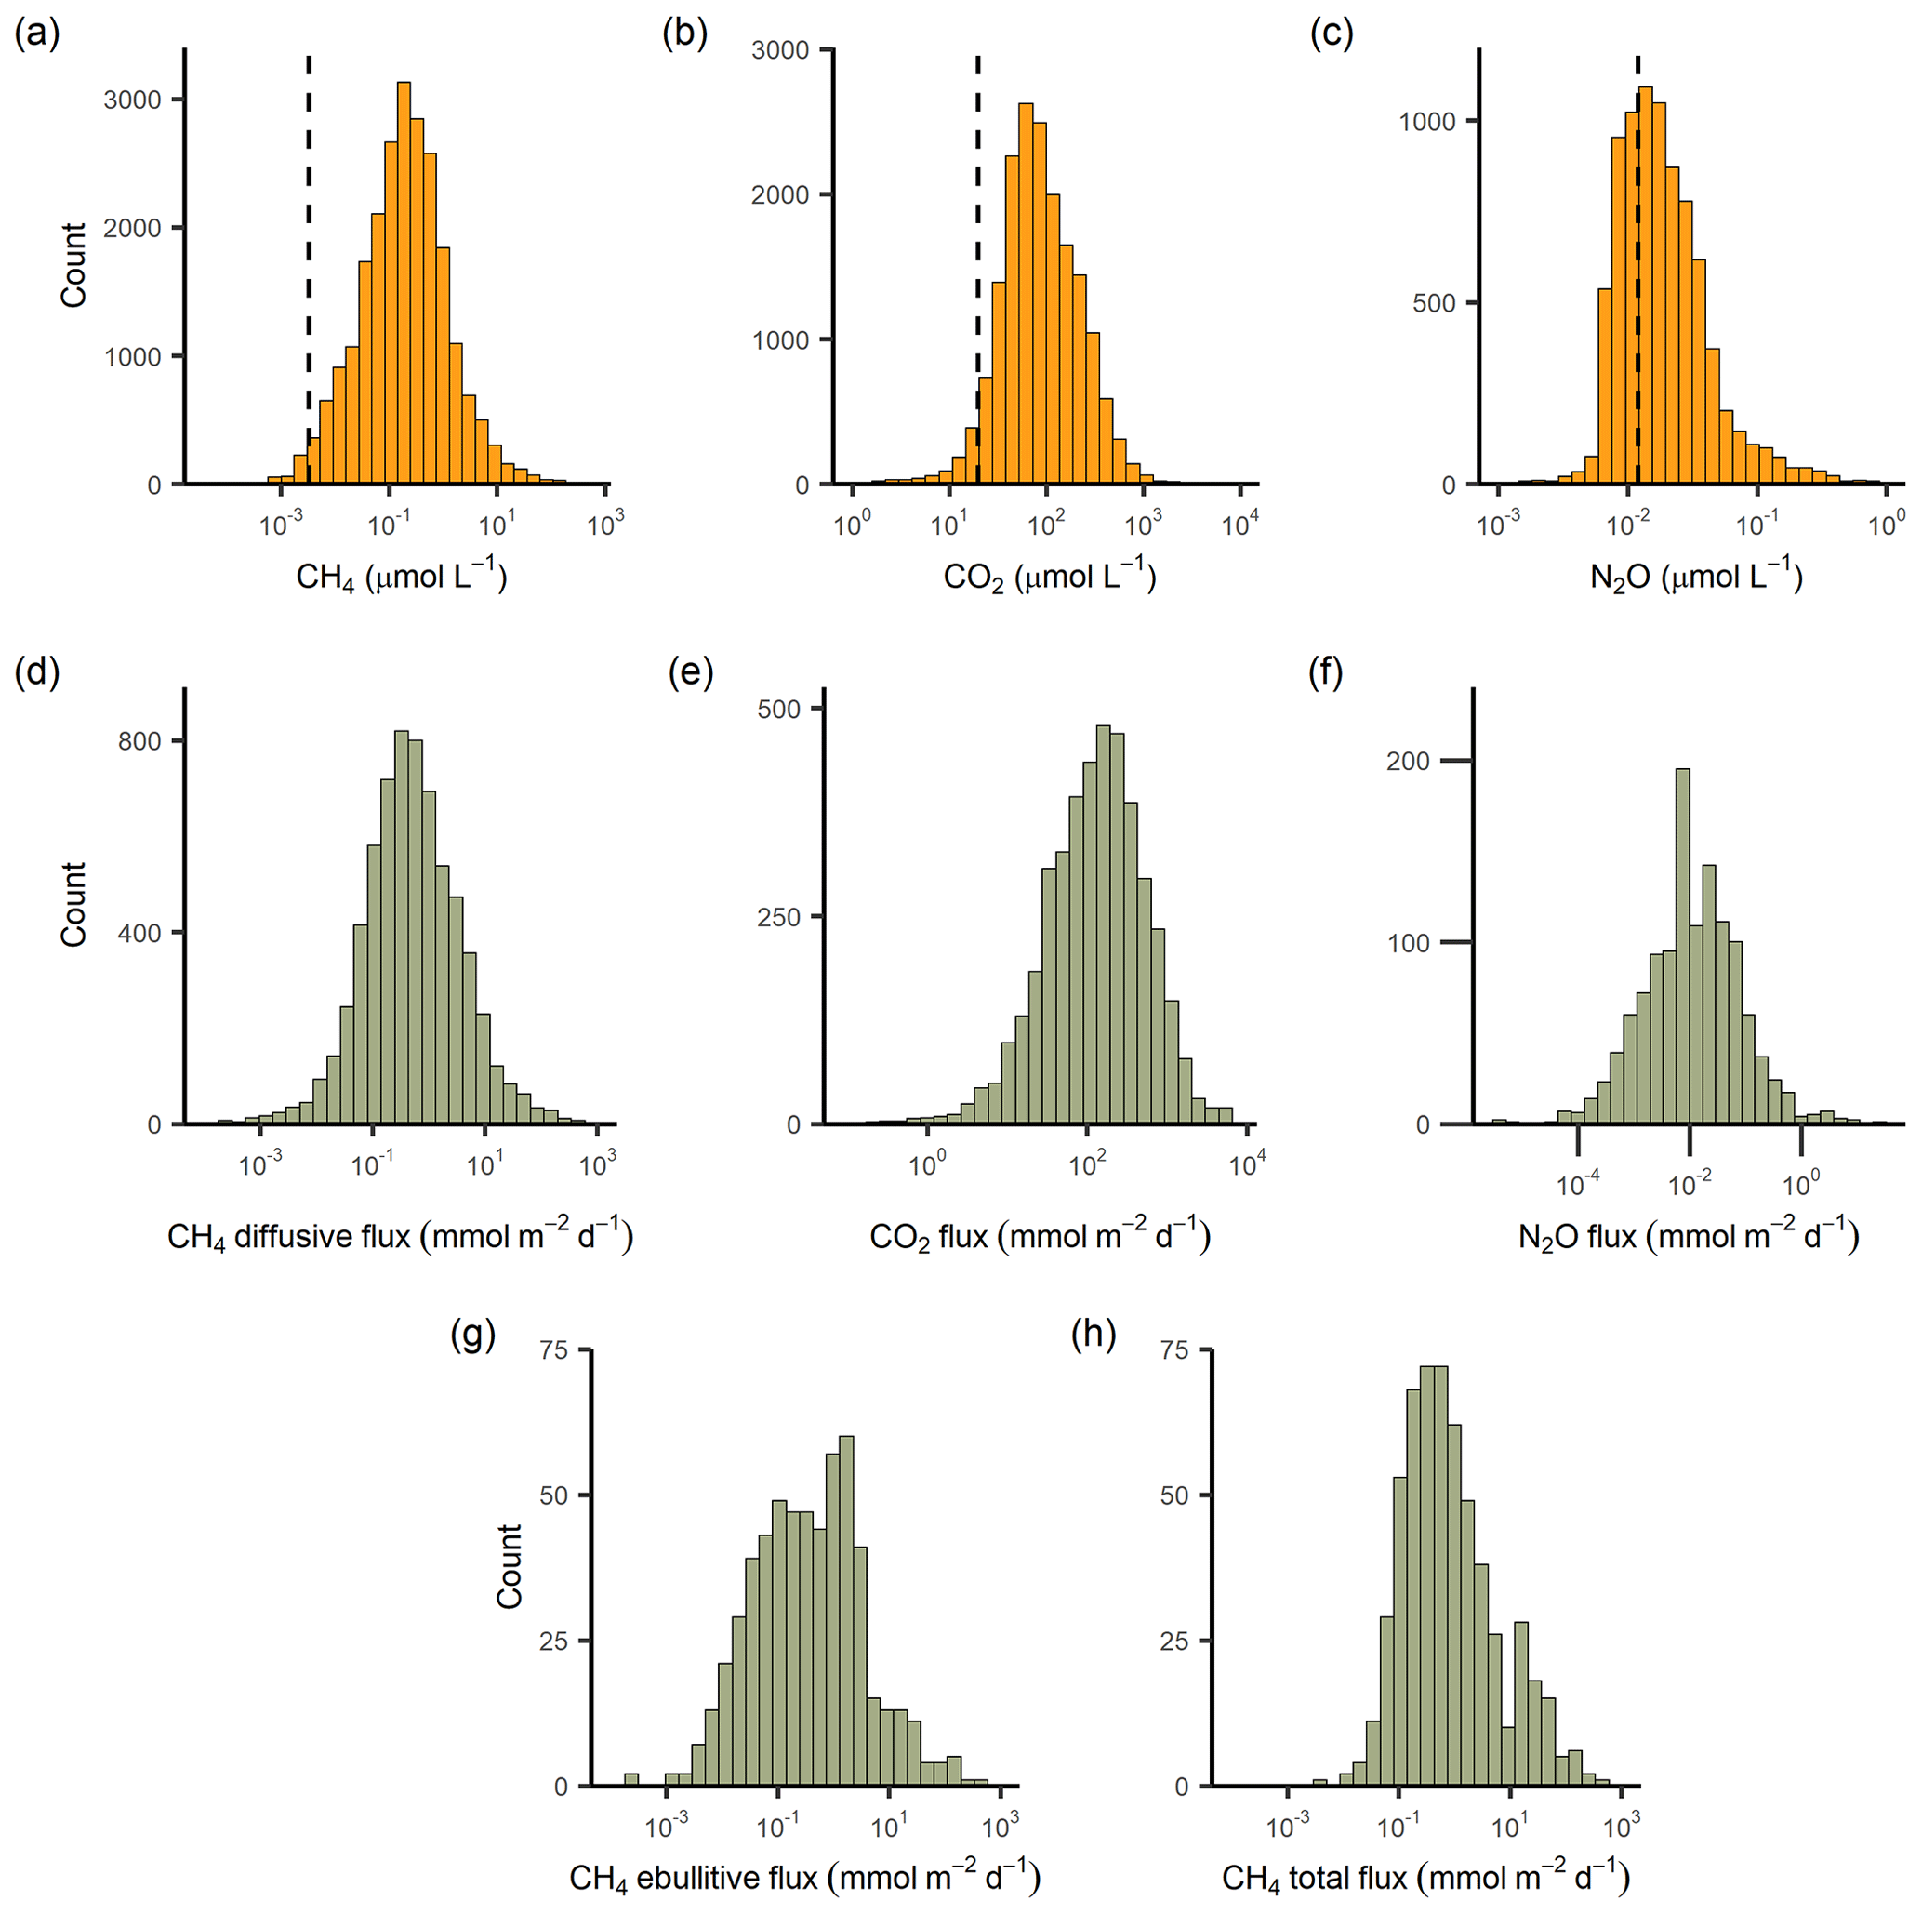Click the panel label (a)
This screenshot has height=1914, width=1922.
(x=38, y=33)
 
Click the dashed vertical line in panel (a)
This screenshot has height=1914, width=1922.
(x=309, y=248)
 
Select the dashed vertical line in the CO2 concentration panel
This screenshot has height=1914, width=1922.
(x=978, y=248)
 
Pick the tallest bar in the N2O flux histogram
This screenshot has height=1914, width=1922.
(x=1682, y=945)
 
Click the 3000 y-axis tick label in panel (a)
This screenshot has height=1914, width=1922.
(x=132, y=100)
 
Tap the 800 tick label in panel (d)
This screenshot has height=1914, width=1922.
(x=139, y=741)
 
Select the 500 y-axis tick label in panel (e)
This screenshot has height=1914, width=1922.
(x=779, y=710)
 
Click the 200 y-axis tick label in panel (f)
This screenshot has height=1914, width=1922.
(x=1408, y=761)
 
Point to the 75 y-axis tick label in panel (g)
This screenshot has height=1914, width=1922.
(x=553, y=1350)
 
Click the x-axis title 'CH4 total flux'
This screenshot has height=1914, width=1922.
(x=1425, y=1876)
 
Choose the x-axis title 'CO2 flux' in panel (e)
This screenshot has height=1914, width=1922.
(x=1040, y=1236)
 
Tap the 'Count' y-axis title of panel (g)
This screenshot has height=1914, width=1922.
(x=510, y=1566)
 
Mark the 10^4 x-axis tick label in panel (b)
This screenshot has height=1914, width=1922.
(x=1239, y=524)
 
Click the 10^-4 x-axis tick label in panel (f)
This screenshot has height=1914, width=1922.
(x=1578, y=1184)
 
